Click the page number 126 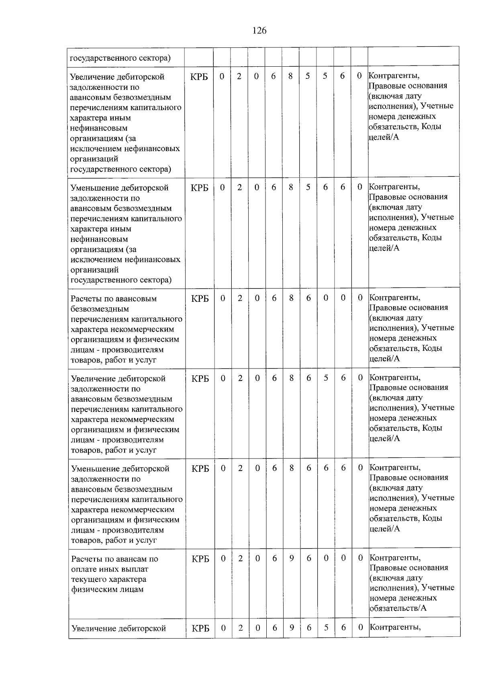click(x=259, y=31)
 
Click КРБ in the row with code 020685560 click(x=199, y=76)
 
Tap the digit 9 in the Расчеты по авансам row click(x=292, y=558)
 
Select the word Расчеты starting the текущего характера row click(x=86, y=559)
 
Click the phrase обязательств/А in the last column click(x=398, y=608)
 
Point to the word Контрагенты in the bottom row click(x=395, y=627)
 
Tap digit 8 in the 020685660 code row click(x=291, y=187)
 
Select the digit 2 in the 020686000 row click(x=240, y=298)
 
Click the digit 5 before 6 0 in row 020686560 click(x=326, y=378)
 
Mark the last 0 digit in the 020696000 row click(x=360, y=558)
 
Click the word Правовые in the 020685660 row click(x=386, y=197)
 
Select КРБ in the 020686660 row click(x=200, y=469)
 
